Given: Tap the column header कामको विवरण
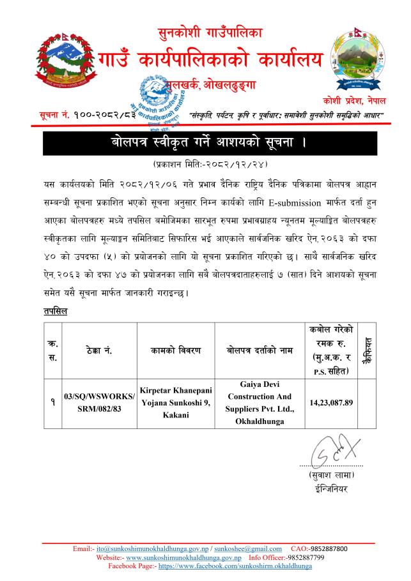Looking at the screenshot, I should (x=178, y=351).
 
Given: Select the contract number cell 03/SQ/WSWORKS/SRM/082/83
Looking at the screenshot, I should (x=100, y=402).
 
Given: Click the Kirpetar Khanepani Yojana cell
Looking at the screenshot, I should (x=178, y=402).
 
